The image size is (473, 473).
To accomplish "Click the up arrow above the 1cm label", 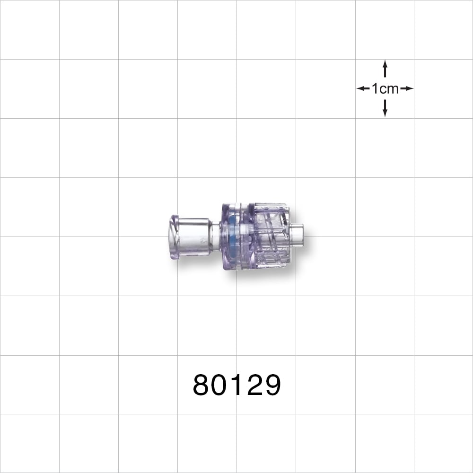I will tap(385, 69).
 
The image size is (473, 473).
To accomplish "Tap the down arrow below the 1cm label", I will tap(385, 108).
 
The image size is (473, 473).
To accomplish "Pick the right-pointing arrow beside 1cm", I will tap(407, 88).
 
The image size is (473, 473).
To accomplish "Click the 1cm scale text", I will tap(385, 88).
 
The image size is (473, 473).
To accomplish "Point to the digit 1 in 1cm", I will tap(375, 88).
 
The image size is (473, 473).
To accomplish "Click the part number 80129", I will tap(236, 385).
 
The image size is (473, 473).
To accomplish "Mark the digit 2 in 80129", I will tap(254, 385).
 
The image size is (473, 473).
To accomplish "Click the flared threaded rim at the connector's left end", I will tap(174, 236).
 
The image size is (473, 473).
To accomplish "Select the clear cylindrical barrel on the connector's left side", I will tap(194, 236).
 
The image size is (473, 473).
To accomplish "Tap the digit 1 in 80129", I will tap(237, 385).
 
